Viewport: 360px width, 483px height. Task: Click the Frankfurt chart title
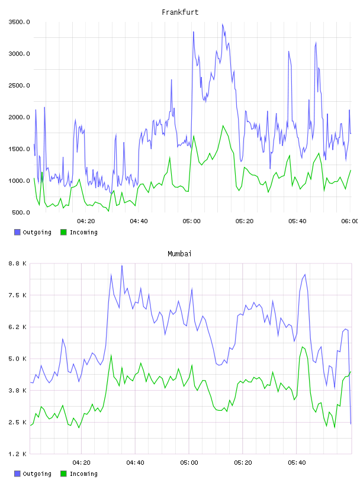coord(180,12)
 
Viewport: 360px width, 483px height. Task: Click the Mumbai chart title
coord(179,254)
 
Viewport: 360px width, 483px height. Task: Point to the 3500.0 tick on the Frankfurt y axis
coord(19,22)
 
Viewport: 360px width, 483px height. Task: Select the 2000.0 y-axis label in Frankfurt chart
coord(19,117)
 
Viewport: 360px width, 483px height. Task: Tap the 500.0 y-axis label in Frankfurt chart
coord(21,212)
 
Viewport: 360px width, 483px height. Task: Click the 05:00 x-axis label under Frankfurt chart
coord(191,221)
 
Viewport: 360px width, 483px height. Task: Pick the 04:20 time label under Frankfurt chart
coord(86,221)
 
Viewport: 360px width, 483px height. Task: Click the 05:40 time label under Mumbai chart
coord(297,462)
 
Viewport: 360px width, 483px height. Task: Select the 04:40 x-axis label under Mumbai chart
coord(135,462)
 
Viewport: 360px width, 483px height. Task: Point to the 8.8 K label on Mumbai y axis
coord(17,263)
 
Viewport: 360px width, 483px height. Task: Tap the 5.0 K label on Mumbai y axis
coord(17,359)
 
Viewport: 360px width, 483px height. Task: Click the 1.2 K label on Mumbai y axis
coord(17,454)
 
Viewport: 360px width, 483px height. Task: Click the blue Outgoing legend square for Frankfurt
coord(17,232)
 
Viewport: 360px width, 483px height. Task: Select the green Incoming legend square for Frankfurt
coord(63,232)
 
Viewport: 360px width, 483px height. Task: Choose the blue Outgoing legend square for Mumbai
coord(17,474)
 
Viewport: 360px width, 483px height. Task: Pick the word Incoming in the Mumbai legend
coord(83,474)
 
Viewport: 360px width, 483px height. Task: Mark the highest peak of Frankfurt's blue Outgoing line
coord(223,24)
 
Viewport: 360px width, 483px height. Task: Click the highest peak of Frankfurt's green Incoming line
coord(223,125)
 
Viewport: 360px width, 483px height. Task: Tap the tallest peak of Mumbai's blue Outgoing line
coord(122,265)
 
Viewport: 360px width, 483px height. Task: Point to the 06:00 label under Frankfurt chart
coord(350,221)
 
